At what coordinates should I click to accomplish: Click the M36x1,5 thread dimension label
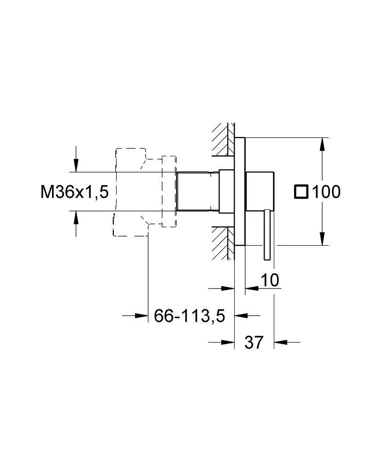tap(75, 192)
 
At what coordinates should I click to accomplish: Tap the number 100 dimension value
tap(326, 192)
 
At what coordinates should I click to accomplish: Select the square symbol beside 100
tap(301, 192)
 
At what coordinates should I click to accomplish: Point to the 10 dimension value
tap(270, 280)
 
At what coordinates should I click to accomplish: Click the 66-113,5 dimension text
tap(189, 316)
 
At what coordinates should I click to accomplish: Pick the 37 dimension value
tap(254, 343)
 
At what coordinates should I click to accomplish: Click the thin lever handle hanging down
tap(267, 235)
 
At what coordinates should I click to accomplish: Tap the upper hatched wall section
tap(223, 139)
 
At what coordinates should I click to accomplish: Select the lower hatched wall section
tap(223, 243)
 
